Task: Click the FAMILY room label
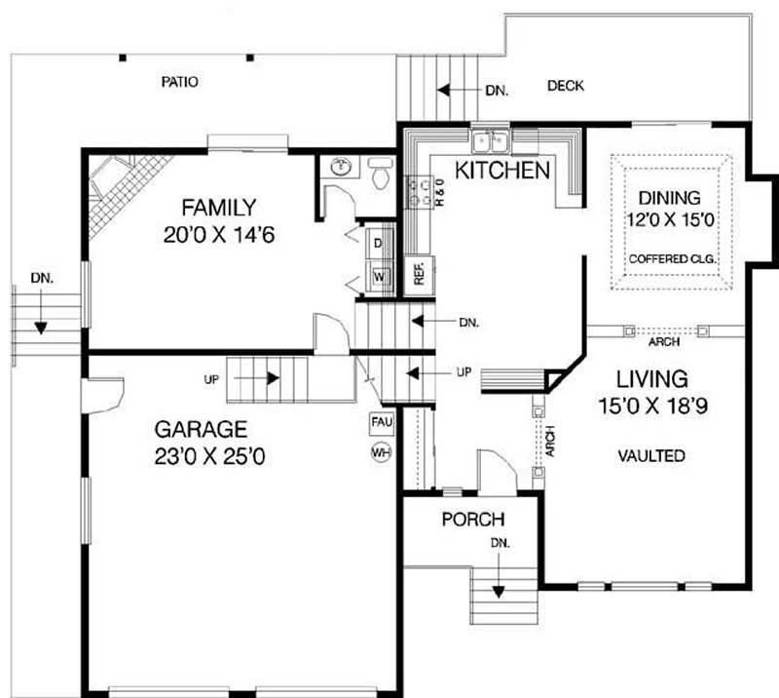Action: tap(218, 207)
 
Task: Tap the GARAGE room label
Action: tap(202, 428)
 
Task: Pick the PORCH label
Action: tap(472, 520)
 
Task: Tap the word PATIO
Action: tap(179, 83)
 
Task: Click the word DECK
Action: tap(565, 86)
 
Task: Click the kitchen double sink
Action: tap(492, 142)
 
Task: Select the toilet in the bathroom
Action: tap(380, 176)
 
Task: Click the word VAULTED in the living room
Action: tap(651, 455)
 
